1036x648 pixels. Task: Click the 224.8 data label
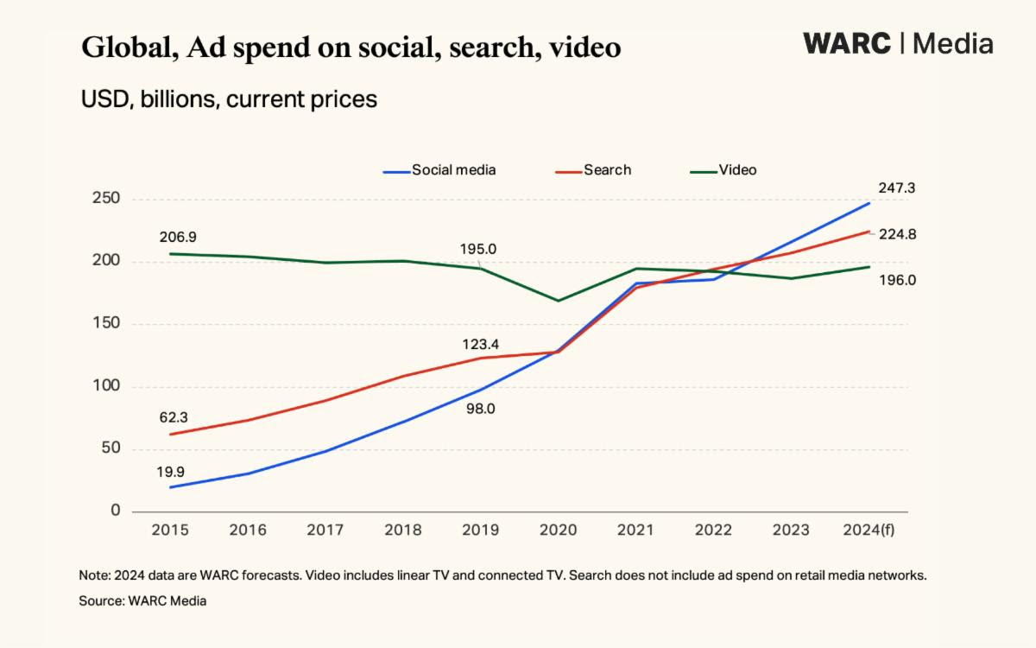click(898, 234)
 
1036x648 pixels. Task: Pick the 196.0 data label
click(898, 280)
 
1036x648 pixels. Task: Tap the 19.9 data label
click(170, 473)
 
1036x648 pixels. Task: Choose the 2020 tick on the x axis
click(559, 530)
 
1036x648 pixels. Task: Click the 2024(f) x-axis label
click(868, 530)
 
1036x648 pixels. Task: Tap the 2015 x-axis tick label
click(170, 530)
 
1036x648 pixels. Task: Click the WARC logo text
click(846, 43)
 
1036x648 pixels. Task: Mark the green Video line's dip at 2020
click(559, 301)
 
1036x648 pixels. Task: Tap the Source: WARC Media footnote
click(143, 600)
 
